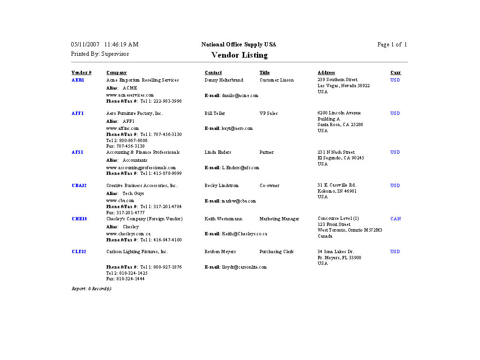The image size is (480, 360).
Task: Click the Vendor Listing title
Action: (239, 55)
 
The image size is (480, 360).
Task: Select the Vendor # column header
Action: (82, 73)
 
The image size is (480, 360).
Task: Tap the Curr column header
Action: (396, 73)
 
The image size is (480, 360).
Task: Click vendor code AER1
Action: (78, 80)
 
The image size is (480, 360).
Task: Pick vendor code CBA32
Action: (79, 186)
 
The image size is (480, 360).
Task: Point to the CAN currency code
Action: (396, 219)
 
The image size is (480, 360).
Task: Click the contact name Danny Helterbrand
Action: (224, 80)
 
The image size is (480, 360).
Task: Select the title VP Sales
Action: (269, 113)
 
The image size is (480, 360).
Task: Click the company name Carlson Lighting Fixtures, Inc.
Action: (137, 252)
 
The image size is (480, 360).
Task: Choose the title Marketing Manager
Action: (279, 219)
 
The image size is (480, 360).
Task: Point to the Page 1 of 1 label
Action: (392, 45)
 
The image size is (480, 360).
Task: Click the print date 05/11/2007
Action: (85, 45)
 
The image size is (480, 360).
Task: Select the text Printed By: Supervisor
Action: (100, 54)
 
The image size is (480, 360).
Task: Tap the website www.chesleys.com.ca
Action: (128, 234)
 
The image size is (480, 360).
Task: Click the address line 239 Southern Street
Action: (337, 80)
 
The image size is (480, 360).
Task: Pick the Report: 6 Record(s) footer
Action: (91, 289)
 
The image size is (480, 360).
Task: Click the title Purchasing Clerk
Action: (277, 252)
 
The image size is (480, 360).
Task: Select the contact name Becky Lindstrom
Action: (222, 186)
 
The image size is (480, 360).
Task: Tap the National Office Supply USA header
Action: (239, 45)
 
